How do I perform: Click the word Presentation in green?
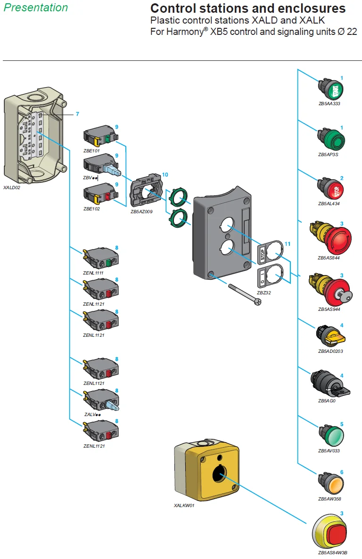pos(36,8)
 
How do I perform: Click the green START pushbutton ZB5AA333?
pos(331,89)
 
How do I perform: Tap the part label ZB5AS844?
pos(329,258)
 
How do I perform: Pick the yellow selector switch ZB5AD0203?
pos(331,334)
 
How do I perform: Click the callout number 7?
pos(77,114)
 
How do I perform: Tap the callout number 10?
pos(165,175)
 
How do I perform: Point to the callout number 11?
pos(288,244)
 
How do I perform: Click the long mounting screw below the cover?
pos(245,293)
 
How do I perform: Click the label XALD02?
pos(12,187)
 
